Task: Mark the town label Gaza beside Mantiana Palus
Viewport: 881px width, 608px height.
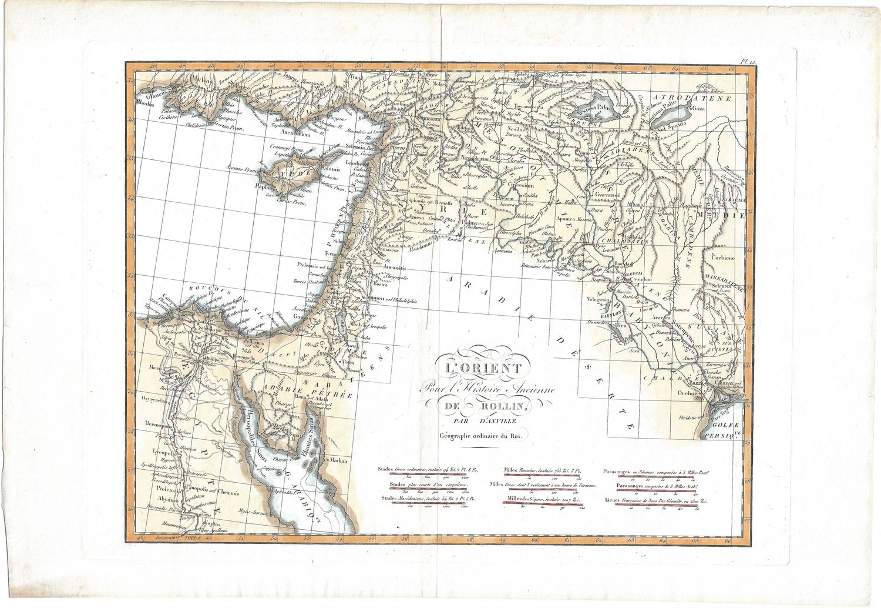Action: click(x=698, y=109)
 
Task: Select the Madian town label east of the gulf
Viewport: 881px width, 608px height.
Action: click(x=338, y=460)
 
